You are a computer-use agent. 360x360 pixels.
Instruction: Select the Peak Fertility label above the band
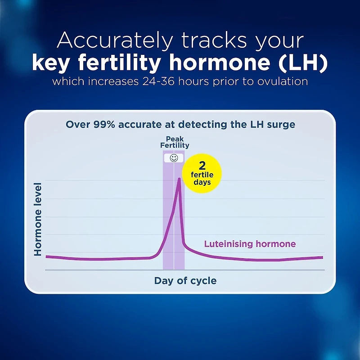(175, 142)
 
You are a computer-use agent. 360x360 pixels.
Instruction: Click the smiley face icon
(174, 158)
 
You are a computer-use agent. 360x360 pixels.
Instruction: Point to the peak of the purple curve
(180, 179)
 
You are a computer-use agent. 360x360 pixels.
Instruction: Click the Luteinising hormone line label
(250, 244)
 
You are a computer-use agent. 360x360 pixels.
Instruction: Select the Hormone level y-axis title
(38, 219)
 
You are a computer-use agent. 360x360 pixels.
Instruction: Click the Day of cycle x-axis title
(185, 281)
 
